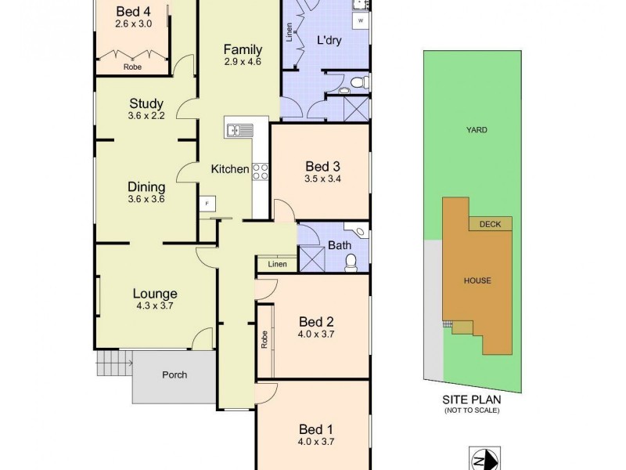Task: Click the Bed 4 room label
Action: click(131, 11)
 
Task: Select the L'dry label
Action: click(329, 39)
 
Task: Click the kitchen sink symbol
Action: click(236, 130)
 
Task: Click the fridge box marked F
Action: click(207, 203)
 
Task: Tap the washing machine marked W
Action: click(362, 20)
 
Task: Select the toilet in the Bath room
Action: click(351, 262)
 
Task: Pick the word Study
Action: click(146, 103)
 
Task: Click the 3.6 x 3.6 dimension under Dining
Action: click(146, 200)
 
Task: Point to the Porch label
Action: click(174, 374)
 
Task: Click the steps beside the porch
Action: click(113, 362)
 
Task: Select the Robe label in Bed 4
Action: click(132, 67)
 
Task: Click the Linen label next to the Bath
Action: click(277, 265)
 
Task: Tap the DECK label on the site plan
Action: click(490, 224)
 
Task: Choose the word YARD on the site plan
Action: click(477, 130)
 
